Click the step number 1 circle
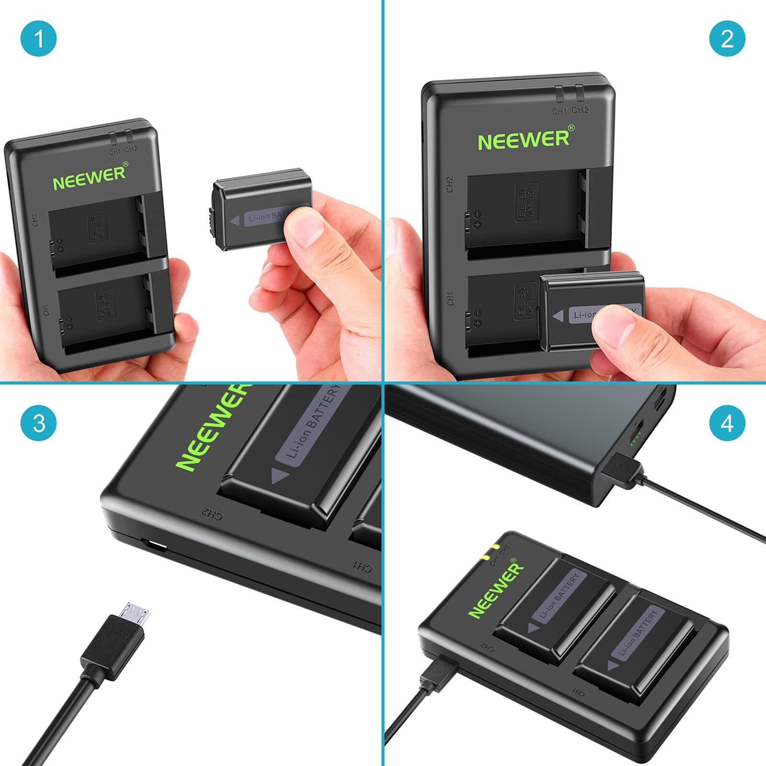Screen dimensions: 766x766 [x=39, y=38]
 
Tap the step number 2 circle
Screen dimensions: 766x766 [x=727, y=38]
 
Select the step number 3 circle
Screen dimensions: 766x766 [x=39, y=423]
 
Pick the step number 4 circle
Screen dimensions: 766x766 [x=727, y=423]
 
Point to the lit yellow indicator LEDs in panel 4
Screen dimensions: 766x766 [x=491, y=552]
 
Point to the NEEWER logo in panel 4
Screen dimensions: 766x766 [x=496, y=590]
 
